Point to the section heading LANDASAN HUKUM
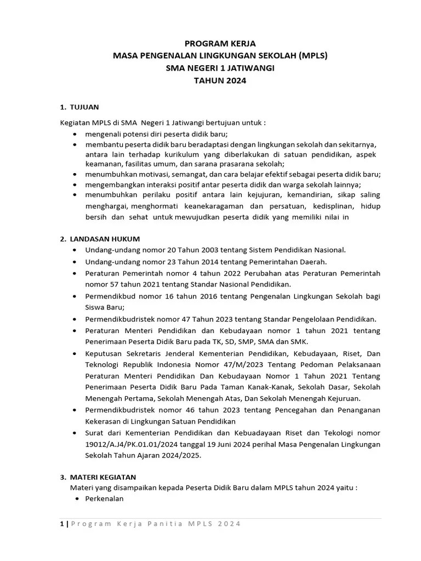(105, 238)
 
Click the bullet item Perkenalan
(104, 499)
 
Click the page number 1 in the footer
(61, 523)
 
